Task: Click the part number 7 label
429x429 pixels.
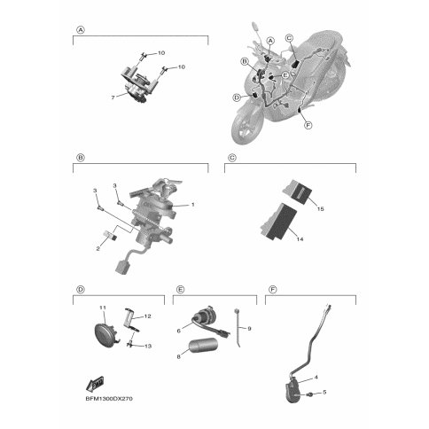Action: pyautogui.click(x=113, y=97)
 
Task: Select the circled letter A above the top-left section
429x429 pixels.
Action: pyautogui.click(x=81, y=30)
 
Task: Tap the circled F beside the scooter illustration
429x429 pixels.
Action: pyautogui.click(x=308, y=125)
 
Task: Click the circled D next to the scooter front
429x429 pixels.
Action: pyautogui.click(x=237, y=97)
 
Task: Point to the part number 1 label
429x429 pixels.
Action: pyautogui.click(x=193, y=204)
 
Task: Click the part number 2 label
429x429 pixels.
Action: pyautogui.click(x=98, y=249)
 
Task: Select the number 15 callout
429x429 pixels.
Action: pyautogui.click(x=321, y=209)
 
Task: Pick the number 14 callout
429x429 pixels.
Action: pyautogui.click(x=300, y=239)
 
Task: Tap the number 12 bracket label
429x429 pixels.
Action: pyautogui.click(x=147, y=316)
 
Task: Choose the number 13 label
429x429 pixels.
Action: pyautogui.click(x=148, y=346)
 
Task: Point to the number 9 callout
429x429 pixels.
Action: pyautogui.click(x=249, y=328)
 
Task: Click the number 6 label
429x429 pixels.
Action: pyautogui.click(x=178, y=331)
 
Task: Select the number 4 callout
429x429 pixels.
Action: pyautogui.click(x=316, y=378)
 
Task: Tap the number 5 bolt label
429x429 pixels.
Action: pyautogui.click(x=324, y=392)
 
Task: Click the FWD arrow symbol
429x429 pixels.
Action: pyautogui.click(x=95, y=384)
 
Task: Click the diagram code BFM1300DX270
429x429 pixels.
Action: pyautogui.click(x=109, y=399)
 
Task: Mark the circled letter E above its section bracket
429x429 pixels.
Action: pyautogui.click(x=180, y=290)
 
